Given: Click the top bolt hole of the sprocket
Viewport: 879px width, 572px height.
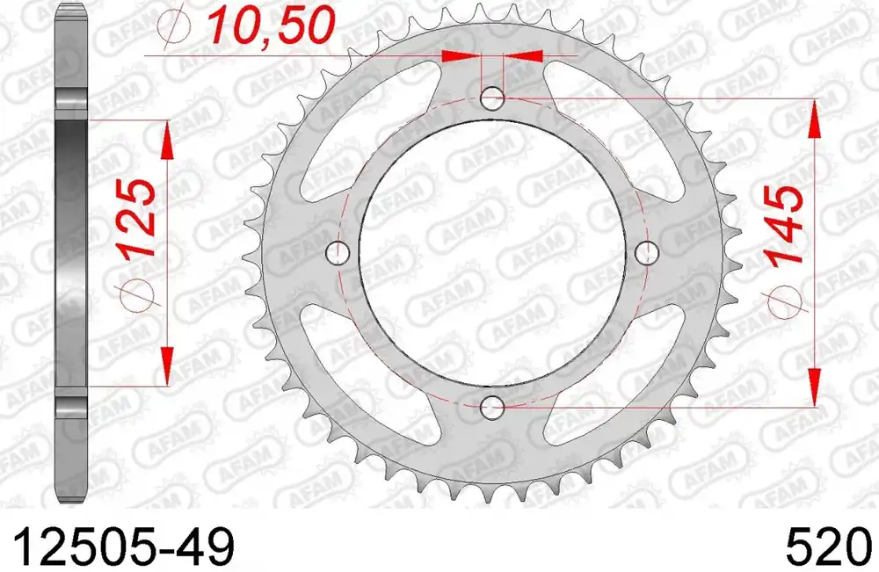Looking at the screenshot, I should click(x=494, y=98).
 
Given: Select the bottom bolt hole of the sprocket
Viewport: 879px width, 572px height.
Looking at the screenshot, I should click(x=494, y=407).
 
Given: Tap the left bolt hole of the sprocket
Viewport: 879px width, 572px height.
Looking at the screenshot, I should click(x=338, y=253).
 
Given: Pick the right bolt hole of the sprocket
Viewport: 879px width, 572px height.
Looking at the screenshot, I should click(x=649, y=253).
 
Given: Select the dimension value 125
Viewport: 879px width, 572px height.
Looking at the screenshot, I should click(x=139, y=218).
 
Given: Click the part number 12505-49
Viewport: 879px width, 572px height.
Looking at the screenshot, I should click(x=118, y=547).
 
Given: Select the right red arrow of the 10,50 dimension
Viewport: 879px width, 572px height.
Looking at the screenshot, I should click(x=525, y=56).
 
